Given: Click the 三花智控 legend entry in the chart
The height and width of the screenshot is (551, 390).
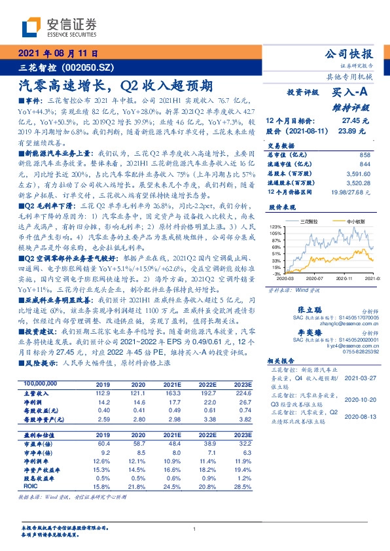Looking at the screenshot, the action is point(309,222).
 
